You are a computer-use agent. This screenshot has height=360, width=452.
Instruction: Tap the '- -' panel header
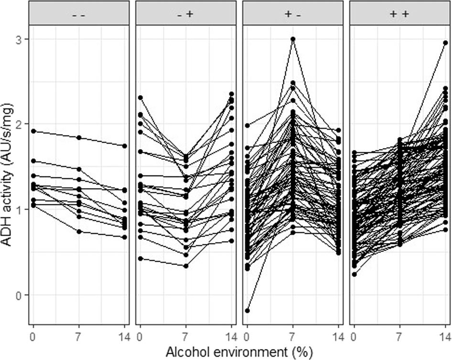click(x=79, y=14)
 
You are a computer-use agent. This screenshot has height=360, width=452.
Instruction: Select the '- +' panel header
click(x=186, y=14)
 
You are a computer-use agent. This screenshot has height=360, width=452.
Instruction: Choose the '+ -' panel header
click(x=292, y=14)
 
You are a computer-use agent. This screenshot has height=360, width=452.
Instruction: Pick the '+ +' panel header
click(x=399, y=14)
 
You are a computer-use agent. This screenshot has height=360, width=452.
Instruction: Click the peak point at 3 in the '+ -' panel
click(x=293, y=39)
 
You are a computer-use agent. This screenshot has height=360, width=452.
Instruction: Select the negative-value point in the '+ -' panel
click(x=247, y=310)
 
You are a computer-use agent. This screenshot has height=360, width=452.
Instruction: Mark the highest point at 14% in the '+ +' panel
click(x=445, y=43)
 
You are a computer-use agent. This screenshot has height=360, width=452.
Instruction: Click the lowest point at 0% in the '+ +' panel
click(x=354, y=274)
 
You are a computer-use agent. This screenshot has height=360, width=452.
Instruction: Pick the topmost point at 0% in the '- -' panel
click(x=33, y=131)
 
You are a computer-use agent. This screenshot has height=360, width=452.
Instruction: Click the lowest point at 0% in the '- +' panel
click(x=140, y=258)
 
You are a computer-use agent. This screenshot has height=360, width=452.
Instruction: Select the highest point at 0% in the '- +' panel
click(x=140, y=97)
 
